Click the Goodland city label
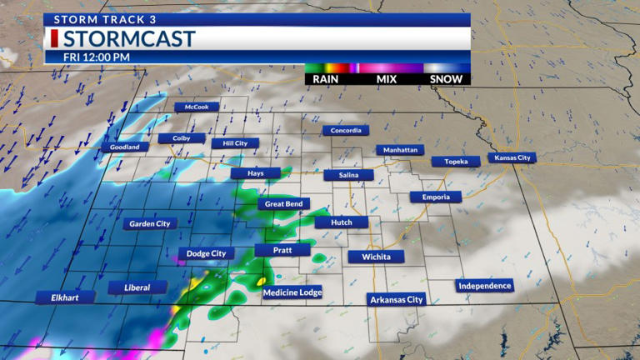pyautogui.click(x=125, y=147)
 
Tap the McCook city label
pyautogui.click(x=197, y=107)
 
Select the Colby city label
pyautogui.click(x=182, y=138)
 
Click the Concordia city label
pyautogui.click(x=346, y=130)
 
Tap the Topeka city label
pyautogui.click(x=456, y=162)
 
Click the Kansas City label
pyautogui.click(x=512, y=157)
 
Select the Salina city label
pyautogui.click(x=349, y=175)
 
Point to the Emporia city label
pyautogui.click(x=435, y=197)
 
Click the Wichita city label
pyautogui.click(x=376, y=257)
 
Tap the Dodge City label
pyautogui.click(x=206, y=253)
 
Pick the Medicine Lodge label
pyautogui.click(x=292, y=292)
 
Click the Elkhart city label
pyautogui.click(x=63, y=297)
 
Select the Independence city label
pyautogui.click(x=485, y=286)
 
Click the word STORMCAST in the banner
pyautogui.click(x=129, y=38)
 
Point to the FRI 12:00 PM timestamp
pyautogui.click(x=97, y=57)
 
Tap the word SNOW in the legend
pyautogui.click(x=446, y=79)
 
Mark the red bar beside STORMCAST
pyautogui.click(x=55, y=38)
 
